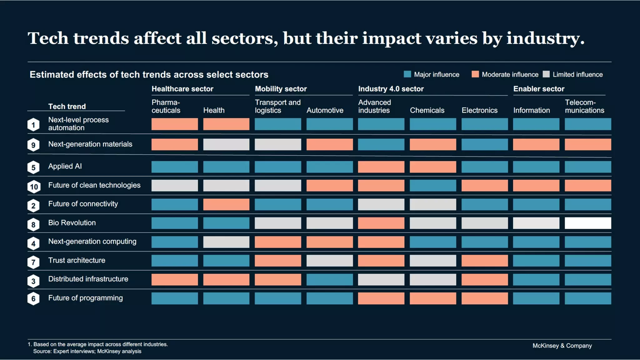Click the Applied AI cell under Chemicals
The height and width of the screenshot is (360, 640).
(x=433, y=167)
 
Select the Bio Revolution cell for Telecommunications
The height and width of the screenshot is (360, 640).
(x=588, y=223)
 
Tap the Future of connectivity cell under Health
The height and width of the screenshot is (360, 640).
(x=226, y=204)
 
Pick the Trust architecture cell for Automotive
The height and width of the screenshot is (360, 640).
(x=330, y=261)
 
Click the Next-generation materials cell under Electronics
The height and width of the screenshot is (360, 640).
(x=485, y=144)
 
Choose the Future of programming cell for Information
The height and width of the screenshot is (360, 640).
(x=536, y=298)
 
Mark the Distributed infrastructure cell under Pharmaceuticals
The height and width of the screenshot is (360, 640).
(x=175, y=280)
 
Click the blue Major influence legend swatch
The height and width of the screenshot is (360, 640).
(x=407, y=74)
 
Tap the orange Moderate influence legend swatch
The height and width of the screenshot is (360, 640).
(x=475, y=74)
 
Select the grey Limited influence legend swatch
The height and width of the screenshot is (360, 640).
(x=546, y=74)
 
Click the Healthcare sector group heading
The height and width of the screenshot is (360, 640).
(x=182, y=89)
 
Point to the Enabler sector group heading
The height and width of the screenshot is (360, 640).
(x=539, y=89)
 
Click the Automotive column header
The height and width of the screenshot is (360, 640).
(x=325, y=110)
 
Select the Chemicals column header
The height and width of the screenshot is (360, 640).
(x=427, y=110)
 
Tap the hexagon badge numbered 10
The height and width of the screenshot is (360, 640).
(x=34, y=187)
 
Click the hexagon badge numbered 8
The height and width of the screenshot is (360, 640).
(x=33, y=225)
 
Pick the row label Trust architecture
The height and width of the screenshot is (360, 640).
(x=77, y=260)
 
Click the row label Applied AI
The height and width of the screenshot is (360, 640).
(x=65, y=166)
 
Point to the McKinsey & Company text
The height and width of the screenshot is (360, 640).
(x=562, y=346)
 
